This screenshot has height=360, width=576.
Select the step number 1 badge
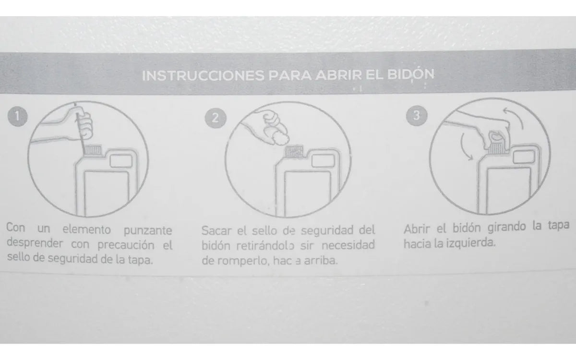point(18,116)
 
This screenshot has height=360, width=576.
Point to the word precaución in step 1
point(126,244)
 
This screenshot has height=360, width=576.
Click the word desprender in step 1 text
point(35,244)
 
